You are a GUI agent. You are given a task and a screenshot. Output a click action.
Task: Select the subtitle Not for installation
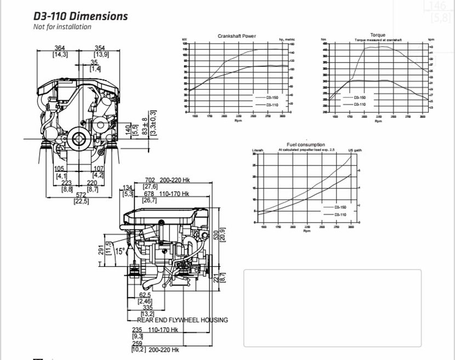62,27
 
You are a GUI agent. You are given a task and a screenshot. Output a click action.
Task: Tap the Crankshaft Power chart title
236,36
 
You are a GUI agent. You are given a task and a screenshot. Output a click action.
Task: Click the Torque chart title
378,35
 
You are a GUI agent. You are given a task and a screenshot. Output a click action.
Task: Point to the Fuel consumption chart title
306,145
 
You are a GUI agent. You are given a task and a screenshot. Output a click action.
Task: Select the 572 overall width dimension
81,195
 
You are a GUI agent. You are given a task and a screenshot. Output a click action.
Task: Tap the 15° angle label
120,251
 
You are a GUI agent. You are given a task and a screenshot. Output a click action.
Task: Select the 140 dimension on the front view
128,129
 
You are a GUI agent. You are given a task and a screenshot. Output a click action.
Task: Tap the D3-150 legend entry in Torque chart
359,96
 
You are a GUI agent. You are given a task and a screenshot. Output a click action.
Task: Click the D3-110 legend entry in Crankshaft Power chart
272,104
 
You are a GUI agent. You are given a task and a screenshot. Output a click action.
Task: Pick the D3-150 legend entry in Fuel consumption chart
340,207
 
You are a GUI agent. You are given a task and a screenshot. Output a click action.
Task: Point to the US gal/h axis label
355,150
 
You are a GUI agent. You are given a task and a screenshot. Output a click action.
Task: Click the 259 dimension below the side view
137,343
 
